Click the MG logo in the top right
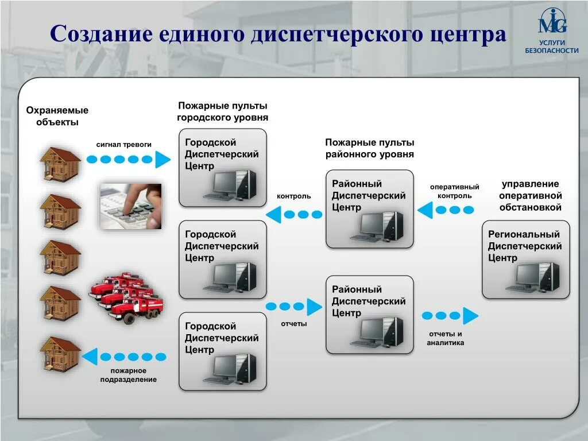click(552, 23)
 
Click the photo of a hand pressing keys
click(131, 206)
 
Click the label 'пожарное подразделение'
click(128, 375)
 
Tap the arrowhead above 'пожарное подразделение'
click(90, 357)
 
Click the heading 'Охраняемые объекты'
click(57, 116)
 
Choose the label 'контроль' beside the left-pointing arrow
click(293, 196)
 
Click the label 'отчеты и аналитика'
click(445, 338)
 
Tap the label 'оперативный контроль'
click(454, 191)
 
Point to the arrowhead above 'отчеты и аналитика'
click(470, 315)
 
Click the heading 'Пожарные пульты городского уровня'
click(222, 111)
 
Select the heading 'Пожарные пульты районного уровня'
click(369, 148)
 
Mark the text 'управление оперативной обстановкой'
click(530, 195)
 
